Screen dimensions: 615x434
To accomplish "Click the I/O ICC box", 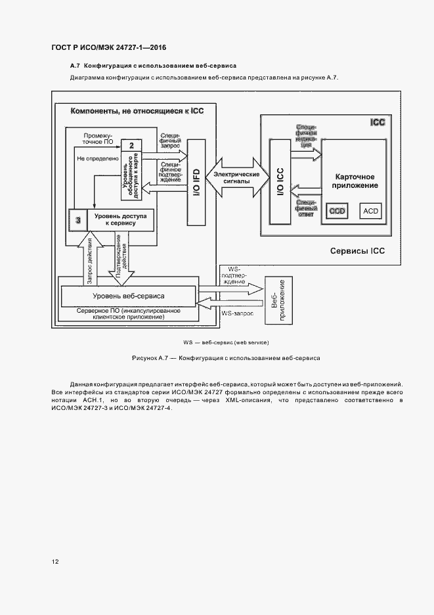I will (x=278, y=181).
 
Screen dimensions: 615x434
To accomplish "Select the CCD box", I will (x=337, y=210).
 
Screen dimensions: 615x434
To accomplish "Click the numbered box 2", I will (x=132, y=145).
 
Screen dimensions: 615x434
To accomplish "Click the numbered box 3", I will (x=78, y=220).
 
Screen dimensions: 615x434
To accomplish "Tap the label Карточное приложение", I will (x=355, y=181).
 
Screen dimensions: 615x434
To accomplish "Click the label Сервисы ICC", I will (x=357, y=251).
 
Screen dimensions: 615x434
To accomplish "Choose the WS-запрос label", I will (x=236, y=314).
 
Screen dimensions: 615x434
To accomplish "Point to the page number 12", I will (x=55, y=562).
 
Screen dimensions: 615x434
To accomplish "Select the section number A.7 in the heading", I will (x=75, y=66).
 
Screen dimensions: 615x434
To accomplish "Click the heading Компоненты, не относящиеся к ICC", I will (x=137, y=111).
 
